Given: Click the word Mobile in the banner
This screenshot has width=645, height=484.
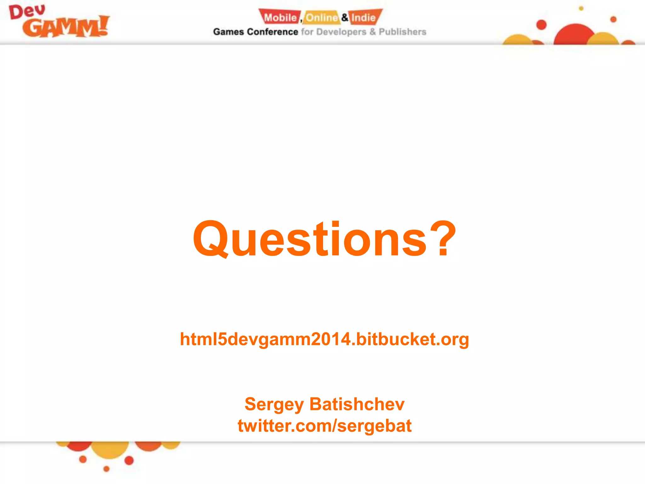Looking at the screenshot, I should coord(280,18).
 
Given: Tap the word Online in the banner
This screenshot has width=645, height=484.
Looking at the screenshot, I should coord(321,18).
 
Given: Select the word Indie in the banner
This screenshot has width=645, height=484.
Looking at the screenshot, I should coord(363,18).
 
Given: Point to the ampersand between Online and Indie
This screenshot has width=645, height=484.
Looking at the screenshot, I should coord(345,17).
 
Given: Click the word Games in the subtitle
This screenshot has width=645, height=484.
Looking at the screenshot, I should coord(228,32).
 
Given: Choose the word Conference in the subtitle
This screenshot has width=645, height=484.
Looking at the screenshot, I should coord(272,32).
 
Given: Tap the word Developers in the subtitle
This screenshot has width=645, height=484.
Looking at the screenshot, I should coord(341,32).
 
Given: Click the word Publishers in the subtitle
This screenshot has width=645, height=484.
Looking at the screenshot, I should coord(402,32).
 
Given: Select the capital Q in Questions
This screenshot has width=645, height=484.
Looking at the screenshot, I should coord(210,239).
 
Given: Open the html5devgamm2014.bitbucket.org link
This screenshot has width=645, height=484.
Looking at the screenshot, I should coord(324,339).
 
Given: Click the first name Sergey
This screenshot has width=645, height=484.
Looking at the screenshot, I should coord(274,404).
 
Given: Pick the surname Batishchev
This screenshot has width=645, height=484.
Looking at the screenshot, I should coord(357,404).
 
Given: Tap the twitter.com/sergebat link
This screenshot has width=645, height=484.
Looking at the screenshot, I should coord(324,426).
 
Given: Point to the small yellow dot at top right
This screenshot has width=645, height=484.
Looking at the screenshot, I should coord(581,9).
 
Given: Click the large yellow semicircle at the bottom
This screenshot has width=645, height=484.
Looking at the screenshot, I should coord(110,448).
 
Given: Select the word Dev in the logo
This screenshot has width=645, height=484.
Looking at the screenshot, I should coord(27,12).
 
